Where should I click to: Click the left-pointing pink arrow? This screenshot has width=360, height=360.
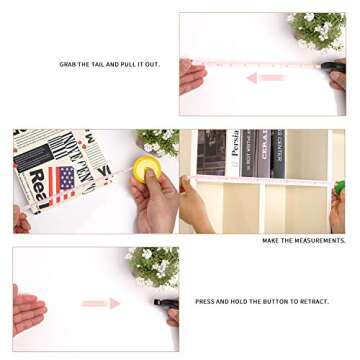tap(265, 77)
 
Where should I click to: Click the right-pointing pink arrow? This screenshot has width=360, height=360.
tap(101, 303)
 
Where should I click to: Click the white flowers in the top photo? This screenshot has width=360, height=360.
tap(318, 30)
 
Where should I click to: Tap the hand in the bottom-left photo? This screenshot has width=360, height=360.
tap(27, 310)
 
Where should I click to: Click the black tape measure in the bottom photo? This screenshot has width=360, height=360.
tap(163, 301)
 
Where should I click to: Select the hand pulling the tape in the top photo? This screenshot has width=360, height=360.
tap(190, 75)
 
